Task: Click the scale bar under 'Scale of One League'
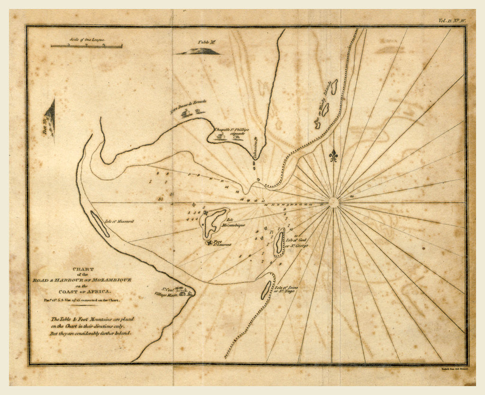pyautogui.click(x=86, y=46)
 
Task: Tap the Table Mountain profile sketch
pyautogui.click(x=199, y=51)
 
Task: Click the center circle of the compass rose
pyautogui.click(x=333, y=202)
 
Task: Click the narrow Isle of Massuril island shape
pyautogui.click(x=99, y=224)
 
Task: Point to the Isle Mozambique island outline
pyautogui.click(x=215, y=222)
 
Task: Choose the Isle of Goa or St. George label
pyautogui.click(x=297, y=243)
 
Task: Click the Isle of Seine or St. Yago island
pyautogui.click(x=266, y=290)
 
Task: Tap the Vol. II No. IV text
pyautogui.click(x=452, y=20)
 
